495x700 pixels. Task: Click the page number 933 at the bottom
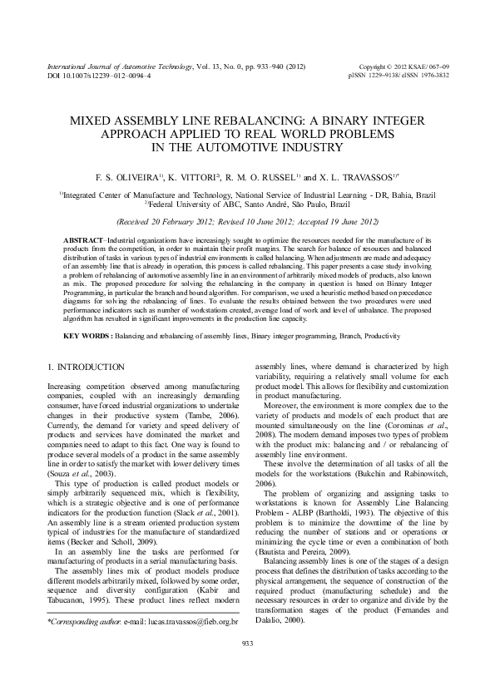pyautogui.click(x=247, y=667)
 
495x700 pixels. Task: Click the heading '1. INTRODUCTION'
pyautogui.click(x=87, y=367)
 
